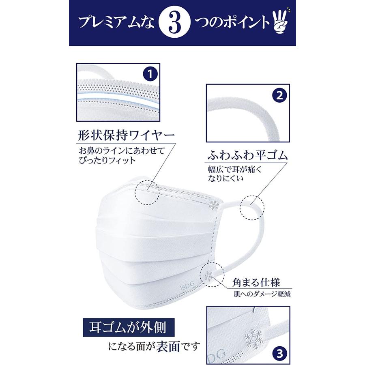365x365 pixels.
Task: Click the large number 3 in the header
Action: click(175, 23)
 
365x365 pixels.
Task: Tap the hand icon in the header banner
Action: click(280, 24)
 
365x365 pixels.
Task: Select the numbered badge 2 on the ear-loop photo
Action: click(279, 95)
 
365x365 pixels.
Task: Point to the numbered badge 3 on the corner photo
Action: click(279, 353)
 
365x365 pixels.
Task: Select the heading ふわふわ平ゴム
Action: click(248, 155)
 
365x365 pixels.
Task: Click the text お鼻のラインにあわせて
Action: click(122, 150)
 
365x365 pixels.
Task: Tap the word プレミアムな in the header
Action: click(116, 23)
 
